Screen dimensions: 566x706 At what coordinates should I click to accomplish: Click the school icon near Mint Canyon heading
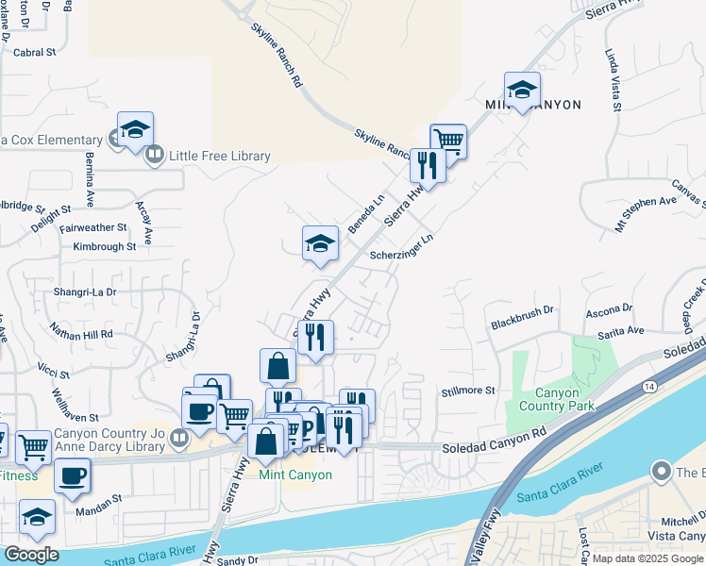522,91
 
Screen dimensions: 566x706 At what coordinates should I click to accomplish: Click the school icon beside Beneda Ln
320,243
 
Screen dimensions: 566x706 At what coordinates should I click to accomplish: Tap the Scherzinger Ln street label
401,244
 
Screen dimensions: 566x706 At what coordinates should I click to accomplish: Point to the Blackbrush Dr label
521,317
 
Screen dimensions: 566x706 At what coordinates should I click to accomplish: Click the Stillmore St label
468,391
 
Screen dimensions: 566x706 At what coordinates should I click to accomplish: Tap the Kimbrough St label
104,246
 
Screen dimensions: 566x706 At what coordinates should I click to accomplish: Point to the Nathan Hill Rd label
82,334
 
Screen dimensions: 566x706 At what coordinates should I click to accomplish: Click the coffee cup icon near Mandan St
72,476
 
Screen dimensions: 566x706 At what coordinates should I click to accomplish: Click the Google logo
31,555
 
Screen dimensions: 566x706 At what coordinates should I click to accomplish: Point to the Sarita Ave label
620,331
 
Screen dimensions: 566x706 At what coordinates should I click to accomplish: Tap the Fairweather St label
92,227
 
